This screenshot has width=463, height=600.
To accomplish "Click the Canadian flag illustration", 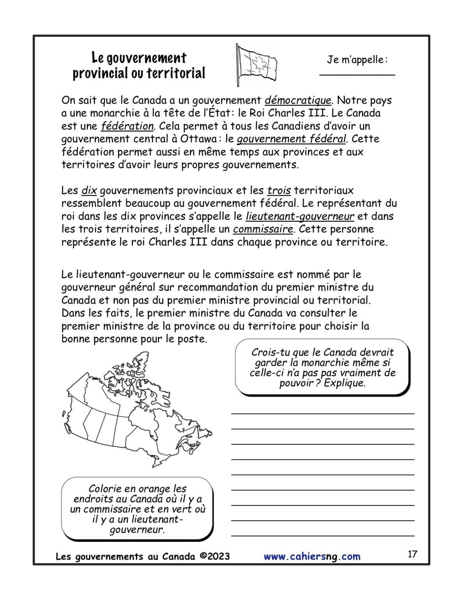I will pyautogui.click(x=256, y=64).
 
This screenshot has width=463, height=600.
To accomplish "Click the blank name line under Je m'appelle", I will pyautogui.click(x=357, y=74).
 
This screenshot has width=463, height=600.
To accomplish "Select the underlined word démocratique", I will pyautogui.click(x=298, y=100).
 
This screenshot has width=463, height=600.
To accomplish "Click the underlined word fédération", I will pyautogui.click(x=127, y=126).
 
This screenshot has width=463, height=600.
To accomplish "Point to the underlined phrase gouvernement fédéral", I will pyautogui.click(x=291, y=139).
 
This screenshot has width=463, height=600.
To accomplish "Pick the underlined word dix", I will pyautogui.click(x=89, y=191).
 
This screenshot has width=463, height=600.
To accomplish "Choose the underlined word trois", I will pyautogui.click(x=279, y=191).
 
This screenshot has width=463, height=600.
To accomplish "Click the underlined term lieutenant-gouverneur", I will pyautogui.click(x=300, y=216).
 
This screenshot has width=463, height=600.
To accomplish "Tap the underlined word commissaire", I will pyautogui.click(x=263, y=229).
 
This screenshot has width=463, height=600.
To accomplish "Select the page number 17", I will pyautogui.click(x=412, y=554).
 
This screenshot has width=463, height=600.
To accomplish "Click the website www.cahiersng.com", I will pyautogui.click(x=312, y=557).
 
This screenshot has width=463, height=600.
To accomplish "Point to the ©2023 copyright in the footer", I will pyautogui.click(x=214, y=556).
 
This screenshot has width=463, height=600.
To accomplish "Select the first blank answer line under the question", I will pyautogui.click(x=323, y=413).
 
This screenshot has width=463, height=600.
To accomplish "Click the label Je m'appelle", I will pyautogui.click(x=357, y=60).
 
